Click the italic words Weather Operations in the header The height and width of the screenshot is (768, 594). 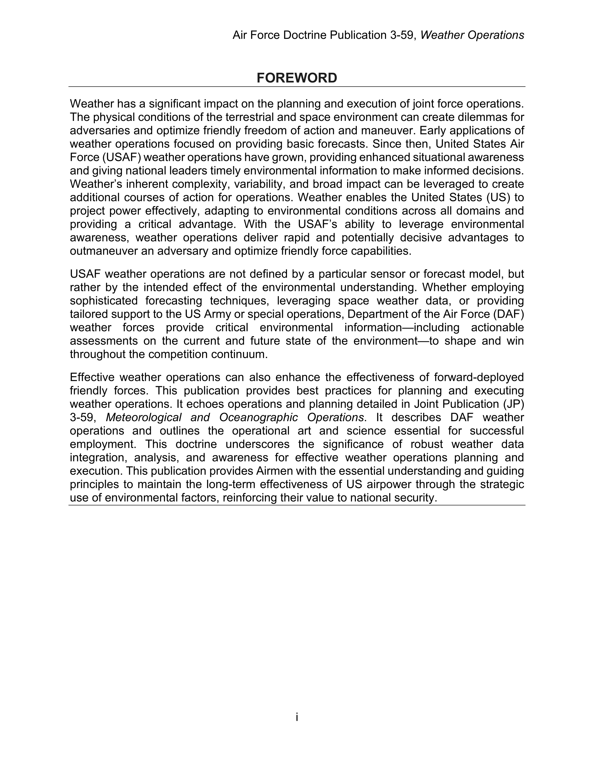[472, 35]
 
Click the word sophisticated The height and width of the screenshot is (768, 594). [104, 301]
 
